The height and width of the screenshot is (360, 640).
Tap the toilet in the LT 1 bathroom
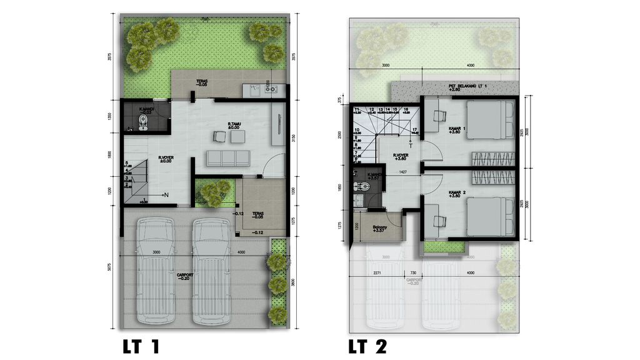[x=144, y=121]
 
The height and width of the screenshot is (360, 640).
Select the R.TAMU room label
[x=234, y=125]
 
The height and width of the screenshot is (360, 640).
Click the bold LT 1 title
[x=141, y=346]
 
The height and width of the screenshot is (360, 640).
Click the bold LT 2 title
[x=372, y=346]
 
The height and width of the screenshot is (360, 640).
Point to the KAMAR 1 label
[x=457, y=129]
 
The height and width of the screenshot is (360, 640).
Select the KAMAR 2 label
[x=458, y=194]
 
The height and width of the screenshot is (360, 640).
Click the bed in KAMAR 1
[x=490, y=120]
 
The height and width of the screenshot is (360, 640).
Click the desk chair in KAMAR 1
[x=439, y=116]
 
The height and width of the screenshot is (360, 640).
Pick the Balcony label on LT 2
[x=380, y=228]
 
